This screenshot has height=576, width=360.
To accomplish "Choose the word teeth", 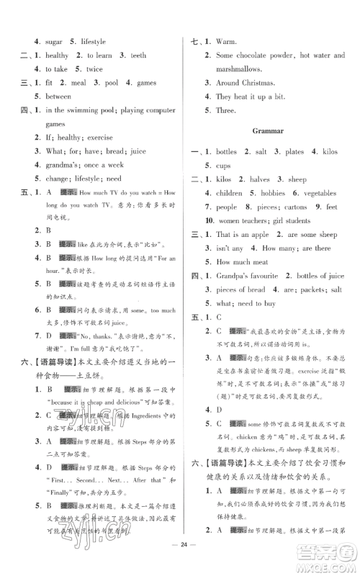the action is click(x=139, y=55).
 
